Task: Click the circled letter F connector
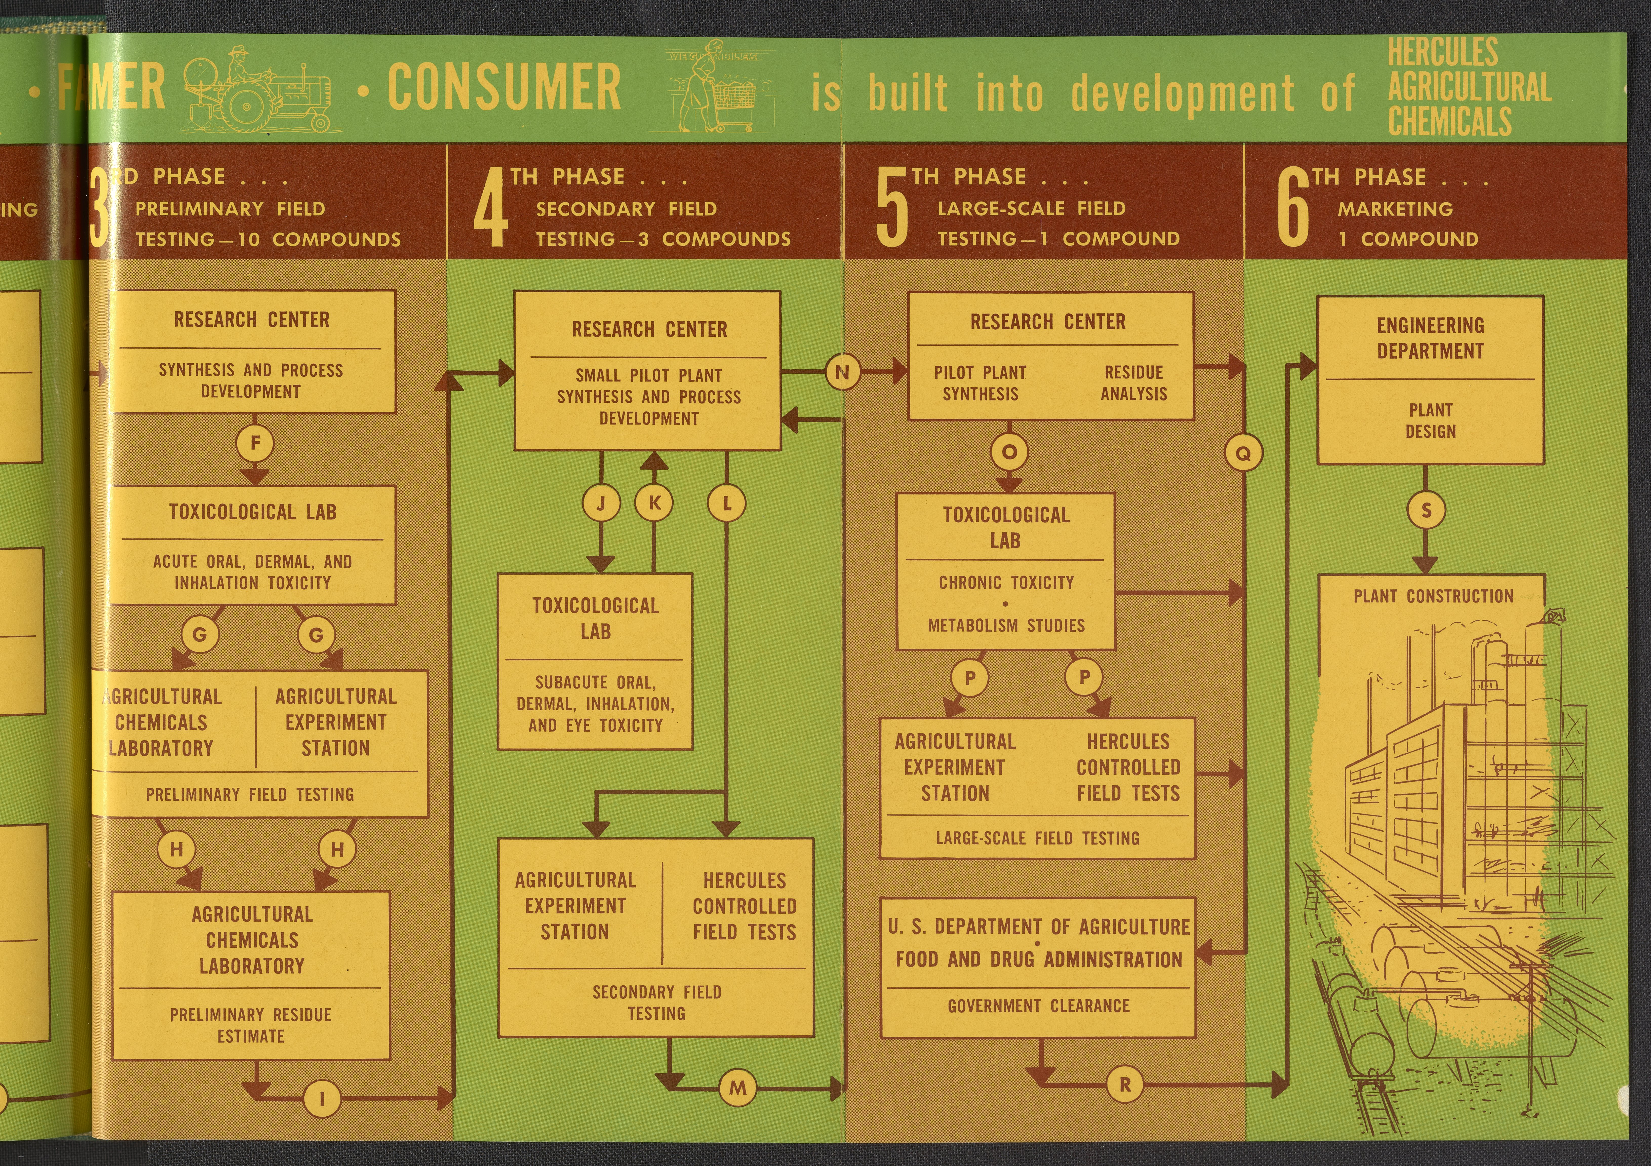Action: point(254,443)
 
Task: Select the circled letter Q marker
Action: point(1243,453)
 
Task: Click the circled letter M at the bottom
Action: point(738,1087)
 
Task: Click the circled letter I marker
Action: point(321,1098)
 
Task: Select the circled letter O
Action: point(1009,452)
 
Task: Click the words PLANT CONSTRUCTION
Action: point(1433,596)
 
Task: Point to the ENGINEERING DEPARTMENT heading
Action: point(1430,338)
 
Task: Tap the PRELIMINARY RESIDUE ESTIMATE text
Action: point(251,1025)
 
